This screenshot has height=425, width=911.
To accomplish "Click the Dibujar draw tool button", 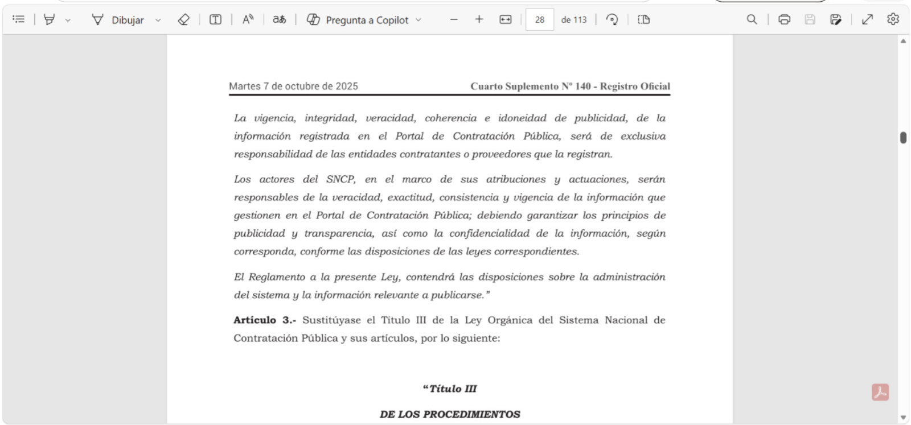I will (118, 20).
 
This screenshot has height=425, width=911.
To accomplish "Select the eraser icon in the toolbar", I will (183, 20).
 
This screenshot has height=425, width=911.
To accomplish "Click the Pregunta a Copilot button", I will (358, 20).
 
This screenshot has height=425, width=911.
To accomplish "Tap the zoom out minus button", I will (454, 19).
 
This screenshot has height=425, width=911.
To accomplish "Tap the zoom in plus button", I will (479, 19).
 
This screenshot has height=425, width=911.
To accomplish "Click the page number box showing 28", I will (539, 20).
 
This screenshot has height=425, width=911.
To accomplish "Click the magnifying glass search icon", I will (752, 19).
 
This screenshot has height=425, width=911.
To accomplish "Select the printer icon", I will (784, 19).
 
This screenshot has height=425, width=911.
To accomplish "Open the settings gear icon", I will (893, 19).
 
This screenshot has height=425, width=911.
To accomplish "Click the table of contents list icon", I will (19, 19).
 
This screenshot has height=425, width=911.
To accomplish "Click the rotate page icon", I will (612, 19).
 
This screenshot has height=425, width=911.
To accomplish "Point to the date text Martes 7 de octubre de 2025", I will (293, 86).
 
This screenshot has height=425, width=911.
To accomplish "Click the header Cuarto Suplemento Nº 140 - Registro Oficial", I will (570, 86).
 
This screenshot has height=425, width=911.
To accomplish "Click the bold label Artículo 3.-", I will (264, 320).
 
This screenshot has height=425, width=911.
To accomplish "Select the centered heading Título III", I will (450, 389).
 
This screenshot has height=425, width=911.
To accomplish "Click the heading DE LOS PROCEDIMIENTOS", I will (450, 414).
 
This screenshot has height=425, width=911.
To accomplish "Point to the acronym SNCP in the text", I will (340, 180).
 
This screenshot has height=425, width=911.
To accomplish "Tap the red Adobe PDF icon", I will (880, 392).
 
